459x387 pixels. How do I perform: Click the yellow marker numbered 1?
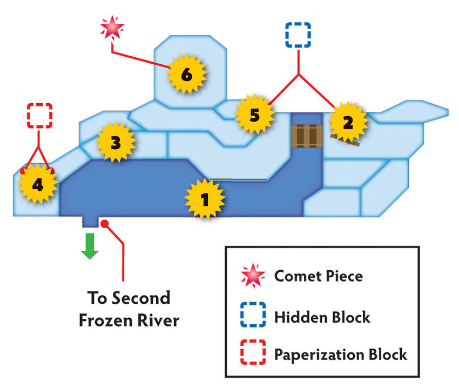pos(205,199)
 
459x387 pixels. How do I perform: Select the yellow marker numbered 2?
pos(348,122)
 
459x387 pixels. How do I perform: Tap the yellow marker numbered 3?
pos(116,142)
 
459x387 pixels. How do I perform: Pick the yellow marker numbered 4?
pos(38,184)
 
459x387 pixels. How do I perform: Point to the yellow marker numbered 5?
pos(255,115)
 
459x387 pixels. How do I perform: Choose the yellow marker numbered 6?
pos(186,74)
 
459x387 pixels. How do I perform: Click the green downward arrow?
pos(90,246)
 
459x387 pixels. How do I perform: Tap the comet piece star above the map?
pos(112,28)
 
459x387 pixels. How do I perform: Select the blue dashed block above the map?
pos(298,35)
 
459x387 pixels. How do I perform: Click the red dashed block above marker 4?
pos(39,116)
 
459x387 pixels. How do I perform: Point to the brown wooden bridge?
pos(307,136)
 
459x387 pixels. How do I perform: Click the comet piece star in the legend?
pos(253,275)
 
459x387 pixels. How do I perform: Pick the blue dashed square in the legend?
pos(253,315)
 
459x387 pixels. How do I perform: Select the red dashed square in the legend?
pos(253,352)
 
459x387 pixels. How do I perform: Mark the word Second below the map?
pos(141,298)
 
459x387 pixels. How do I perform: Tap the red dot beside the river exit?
pos(105,224)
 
